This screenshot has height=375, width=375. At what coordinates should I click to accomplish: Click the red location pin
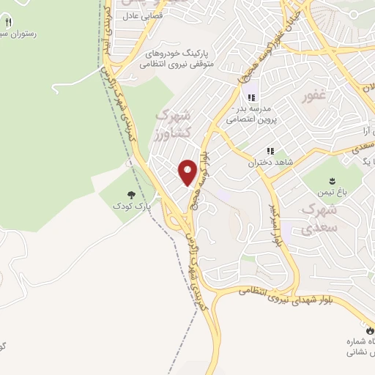pyautogui.click(x=188, y=173)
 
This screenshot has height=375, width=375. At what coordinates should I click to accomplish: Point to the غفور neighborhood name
pyautogui.click(x=315, y=96)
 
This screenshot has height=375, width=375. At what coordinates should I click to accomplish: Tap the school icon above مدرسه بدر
pyautogui.click(x=251, y=97)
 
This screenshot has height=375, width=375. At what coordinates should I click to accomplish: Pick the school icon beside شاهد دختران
pyautogui.click(x=270, y=150)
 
